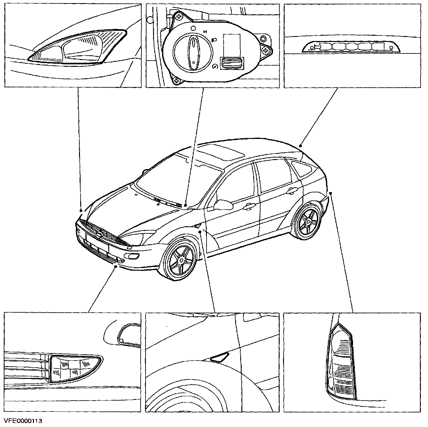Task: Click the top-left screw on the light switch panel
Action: (x=179, y=16)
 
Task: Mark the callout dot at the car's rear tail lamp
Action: (x=331, y=193)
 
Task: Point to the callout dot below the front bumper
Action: (x=116, y=266)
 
